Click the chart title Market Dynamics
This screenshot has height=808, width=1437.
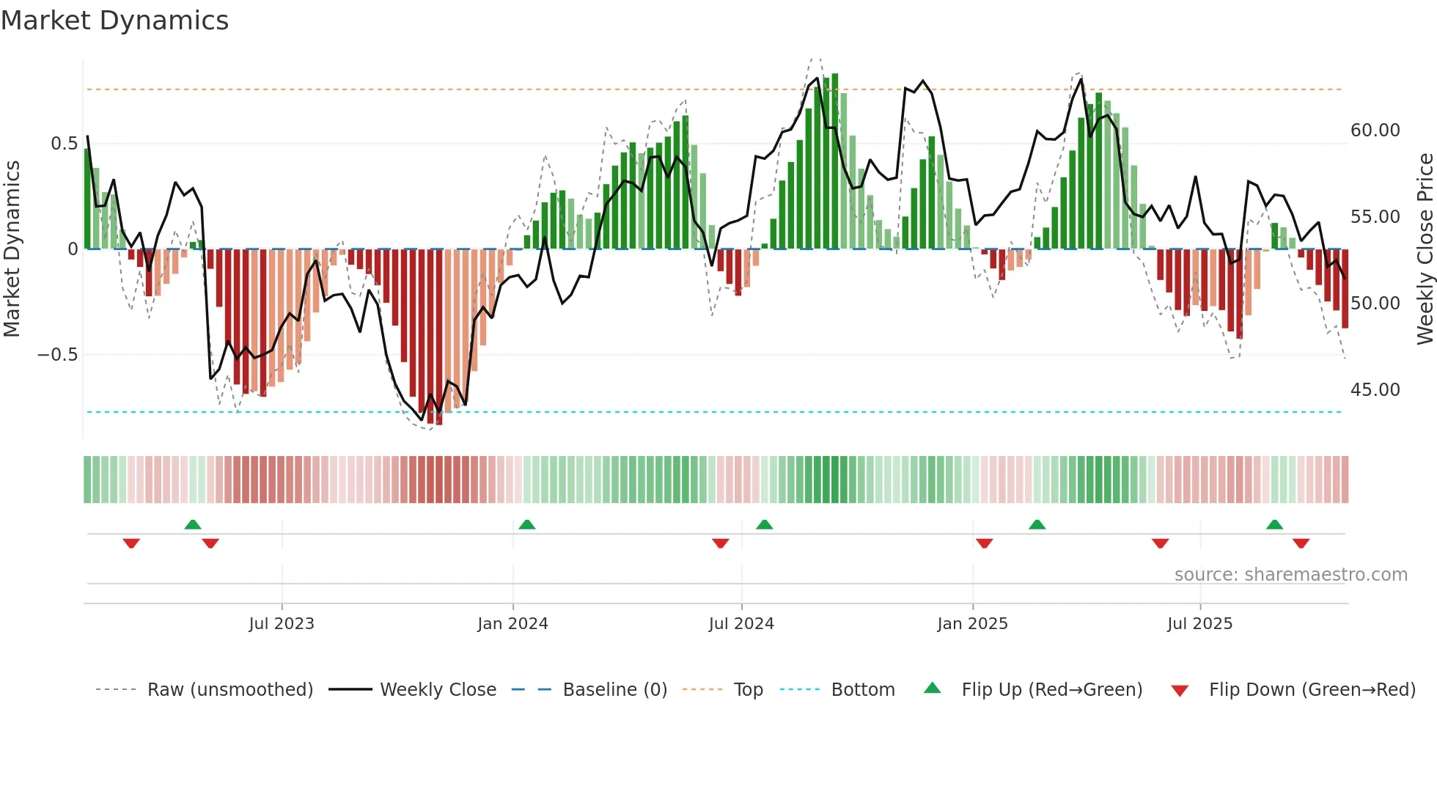[x=114, y=21]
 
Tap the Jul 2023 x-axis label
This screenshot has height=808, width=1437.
[x=282, y=624]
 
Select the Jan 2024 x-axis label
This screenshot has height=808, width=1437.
[x=512, y=624]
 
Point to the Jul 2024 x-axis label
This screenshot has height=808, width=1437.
[x=741, y=624]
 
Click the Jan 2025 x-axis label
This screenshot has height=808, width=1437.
[x=972, y=624]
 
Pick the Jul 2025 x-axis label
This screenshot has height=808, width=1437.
[x=1200, y=624]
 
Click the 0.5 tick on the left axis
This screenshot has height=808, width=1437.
[x=65, y=144]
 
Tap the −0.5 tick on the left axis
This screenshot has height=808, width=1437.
[x=58, y=355]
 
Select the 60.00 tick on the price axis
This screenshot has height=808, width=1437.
[x=1375, y=131]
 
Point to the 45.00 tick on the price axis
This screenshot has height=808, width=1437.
[x=1375, y=390]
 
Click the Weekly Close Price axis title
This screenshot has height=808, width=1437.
[x=1425, y=249]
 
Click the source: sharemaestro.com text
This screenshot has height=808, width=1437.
[x=1290, y=575]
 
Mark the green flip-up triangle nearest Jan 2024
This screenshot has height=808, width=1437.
[x=526, y=524]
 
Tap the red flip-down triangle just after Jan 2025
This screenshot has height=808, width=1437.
[x=984, y=543]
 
